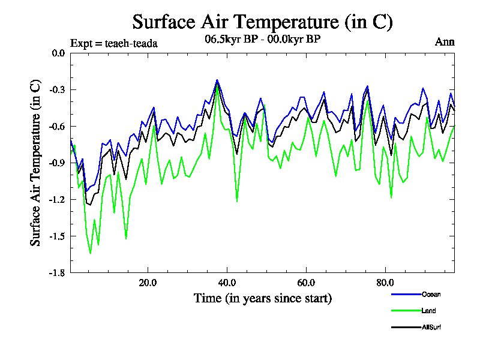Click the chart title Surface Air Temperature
point(262,22)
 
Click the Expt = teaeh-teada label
point(113,43)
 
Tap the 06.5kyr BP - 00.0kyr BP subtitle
point(262,41)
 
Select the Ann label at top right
point(444,42)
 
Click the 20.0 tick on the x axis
point(148,283)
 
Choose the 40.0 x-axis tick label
point(227,283)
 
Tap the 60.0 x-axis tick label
point(306,283)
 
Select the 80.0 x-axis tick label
point(385,283)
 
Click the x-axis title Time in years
point(262,298)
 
